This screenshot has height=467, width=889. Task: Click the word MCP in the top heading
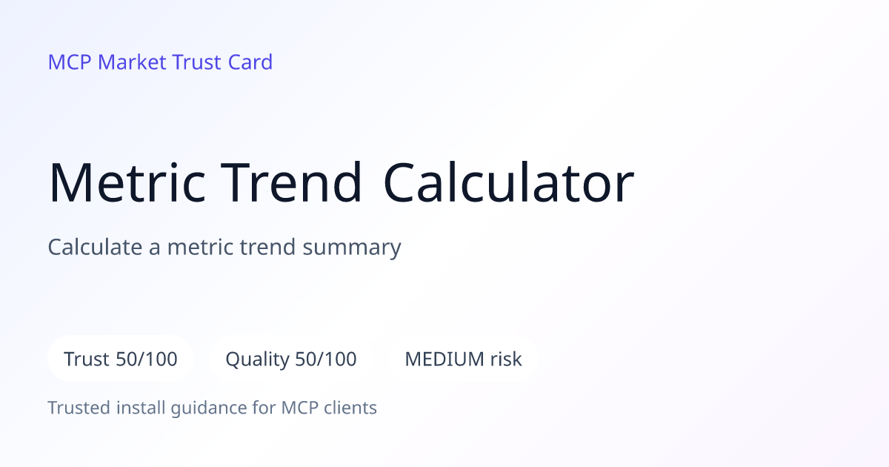[x=70, y=62]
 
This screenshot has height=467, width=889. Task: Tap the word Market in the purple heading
[x=132, y=62]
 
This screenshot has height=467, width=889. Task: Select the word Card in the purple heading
[x=250, y=62]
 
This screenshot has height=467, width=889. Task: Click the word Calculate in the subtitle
[x=95, y=247]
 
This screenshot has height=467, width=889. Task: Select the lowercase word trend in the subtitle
[x=267, y=247]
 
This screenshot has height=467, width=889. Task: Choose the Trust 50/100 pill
[x=121, y=359]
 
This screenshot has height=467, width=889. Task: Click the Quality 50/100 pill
[x=291, y=359]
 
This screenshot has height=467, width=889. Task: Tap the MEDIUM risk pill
[x=463, y=359]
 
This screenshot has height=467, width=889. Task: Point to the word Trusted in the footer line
[x=79, y=408]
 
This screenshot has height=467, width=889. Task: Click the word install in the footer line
[x=141, y=408]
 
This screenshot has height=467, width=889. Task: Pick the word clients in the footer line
[x=350, y=408]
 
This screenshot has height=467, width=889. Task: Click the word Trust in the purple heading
[x=197, y=62]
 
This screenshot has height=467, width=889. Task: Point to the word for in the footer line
[x=264, y=408]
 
